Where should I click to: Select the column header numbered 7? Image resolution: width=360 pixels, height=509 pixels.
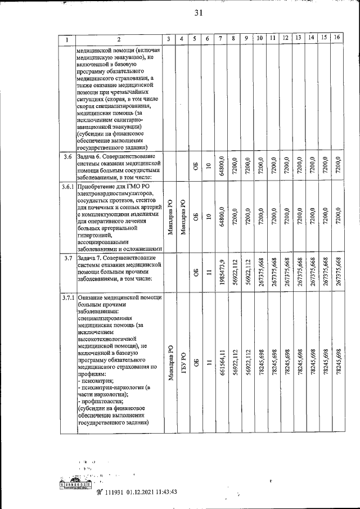(x=221, y=38)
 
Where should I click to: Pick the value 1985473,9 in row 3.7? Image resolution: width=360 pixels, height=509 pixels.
(x=222, y=272)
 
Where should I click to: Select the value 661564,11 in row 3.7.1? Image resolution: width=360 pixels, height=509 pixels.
(x=222, y=363)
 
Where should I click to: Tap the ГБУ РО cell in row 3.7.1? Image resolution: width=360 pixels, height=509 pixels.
(x=182, y=363)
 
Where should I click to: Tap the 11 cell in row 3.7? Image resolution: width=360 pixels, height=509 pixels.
(x=208, y=272)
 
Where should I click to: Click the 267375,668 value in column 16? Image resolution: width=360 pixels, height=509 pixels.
(x=337, y=272)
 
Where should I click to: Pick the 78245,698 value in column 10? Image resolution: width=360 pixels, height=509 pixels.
(x=260, y=363)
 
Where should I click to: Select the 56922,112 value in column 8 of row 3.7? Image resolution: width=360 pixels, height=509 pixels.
(x=234, y=272)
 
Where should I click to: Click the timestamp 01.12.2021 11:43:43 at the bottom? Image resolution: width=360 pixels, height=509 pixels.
(x=147, y=491)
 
